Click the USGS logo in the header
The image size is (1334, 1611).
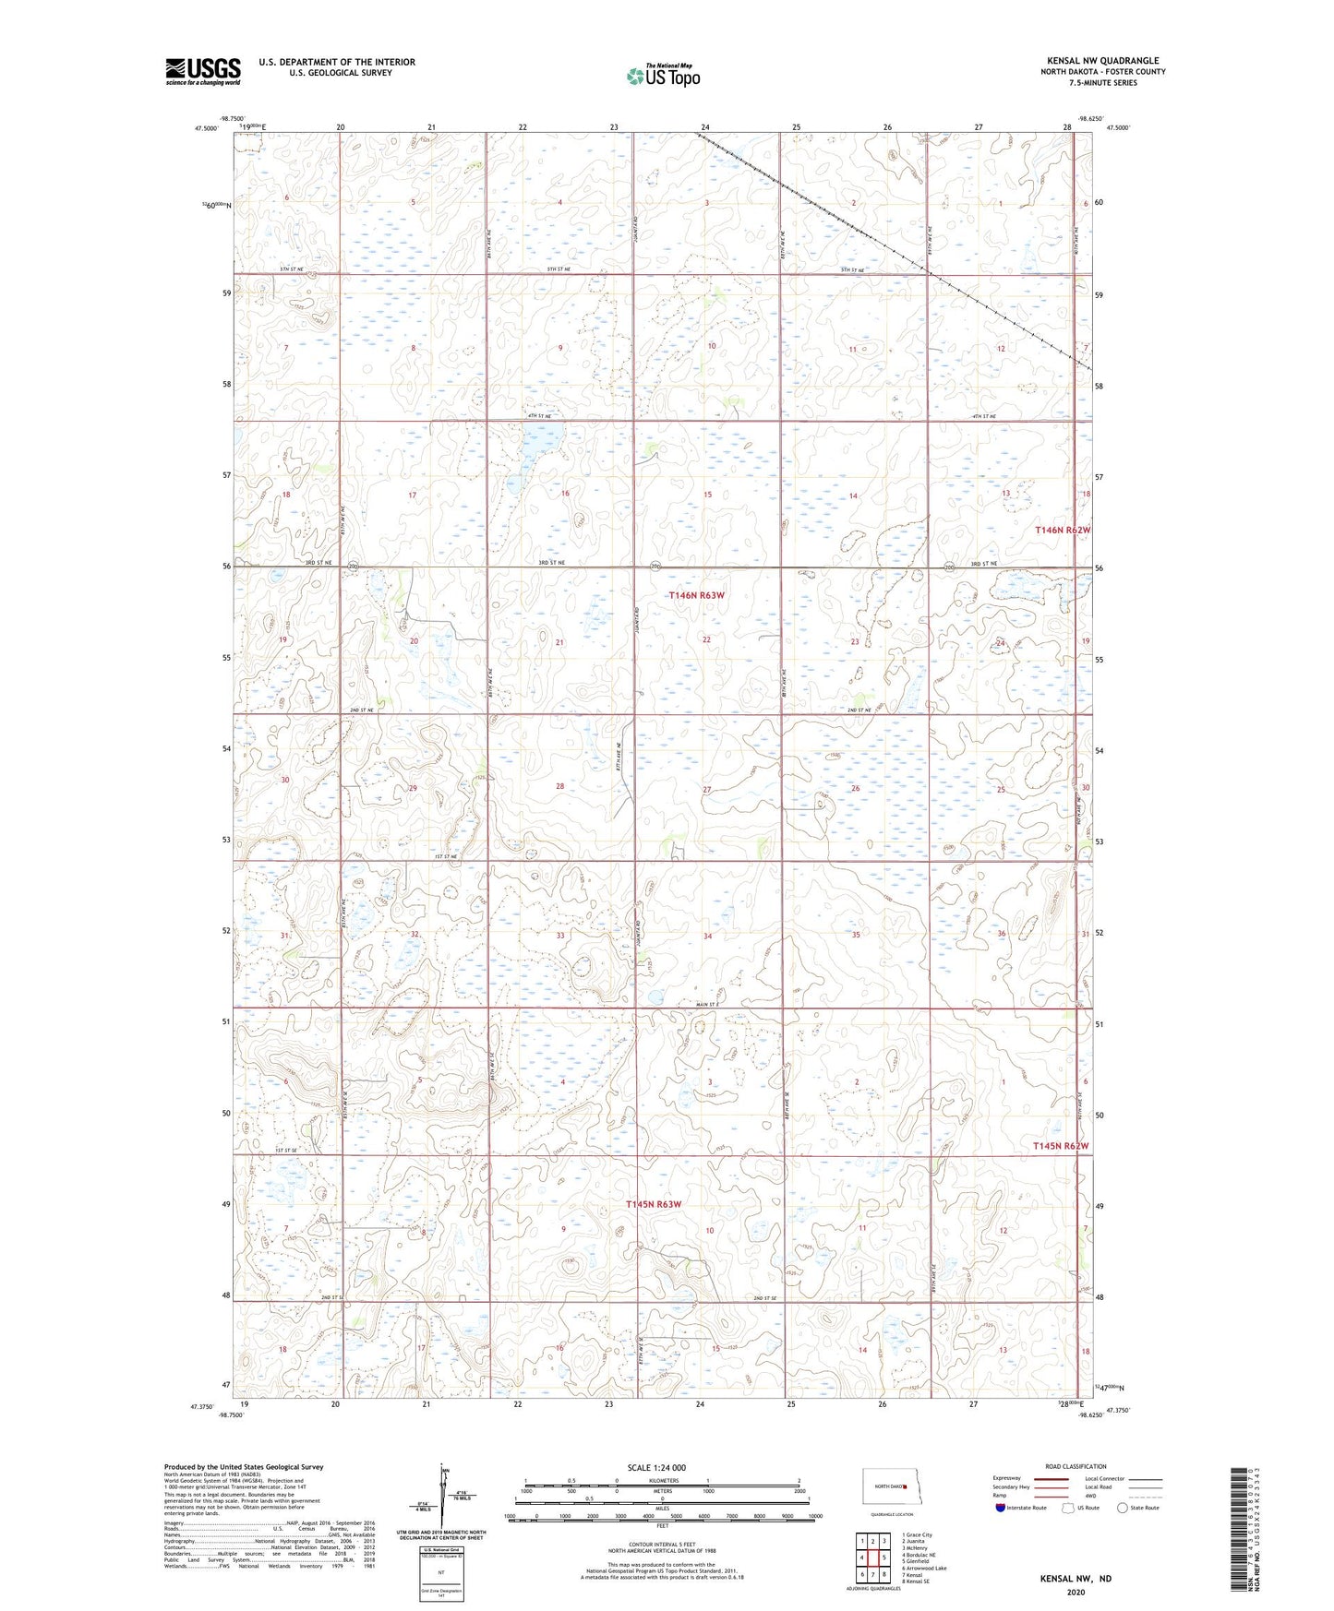coord(202,71)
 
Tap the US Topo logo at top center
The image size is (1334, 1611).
coord(663,76)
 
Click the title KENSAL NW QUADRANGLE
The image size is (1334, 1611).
coord(1102,61)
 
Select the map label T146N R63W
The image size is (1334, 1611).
coord(696,596)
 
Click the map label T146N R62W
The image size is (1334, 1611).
coord(1063,531)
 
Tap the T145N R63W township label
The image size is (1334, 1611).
coord(654,1204)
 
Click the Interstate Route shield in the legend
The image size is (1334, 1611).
coord(1001,1508)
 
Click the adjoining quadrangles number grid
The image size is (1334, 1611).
coord(872,1558)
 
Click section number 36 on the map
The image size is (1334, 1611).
coord(1001,934)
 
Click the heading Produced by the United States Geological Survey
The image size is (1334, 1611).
coord(244,1466)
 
